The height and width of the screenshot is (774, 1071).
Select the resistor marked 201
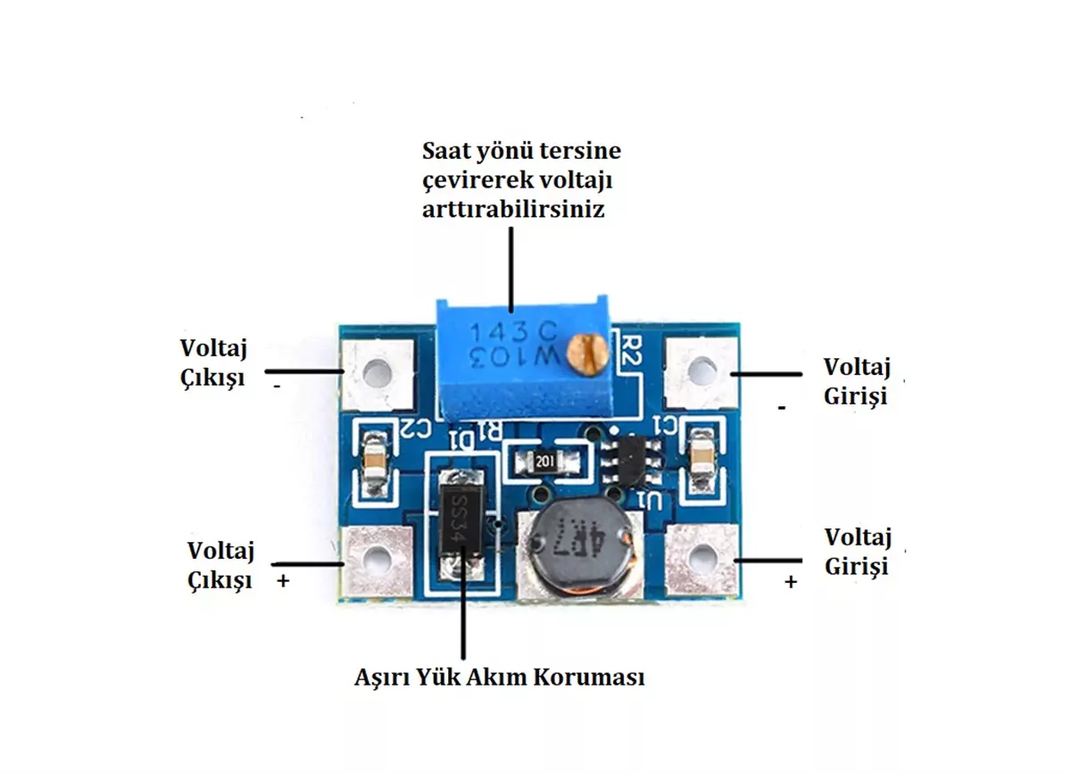point(545,461)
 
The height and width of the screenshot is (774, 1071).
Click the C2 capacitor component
point(375,461)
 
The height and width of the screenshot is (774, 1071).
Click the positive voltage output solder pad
point(379,560)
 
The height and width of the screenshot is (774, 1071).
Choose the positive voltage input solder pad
point(702,555)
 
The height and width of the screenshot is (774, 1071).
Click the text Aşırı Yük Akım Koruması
point(499,677)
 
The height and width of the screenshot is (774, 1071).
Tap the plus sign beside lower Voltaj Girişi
point(790,581)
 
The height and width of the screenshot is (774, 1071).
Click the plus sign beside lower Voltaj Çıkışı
point(284,580)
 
